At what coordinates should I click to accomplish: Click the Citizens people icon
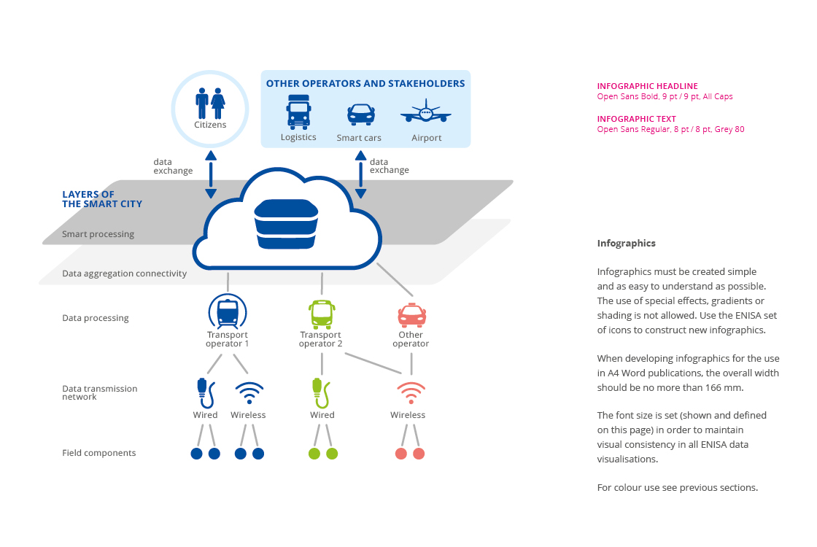click(210, 104)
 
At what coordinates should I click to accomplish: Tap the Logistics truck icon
click(298, 112)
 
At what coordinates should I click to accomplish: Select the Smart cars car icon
click(360, 115)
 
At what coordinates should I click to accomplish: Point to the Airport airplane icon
click(426, 115)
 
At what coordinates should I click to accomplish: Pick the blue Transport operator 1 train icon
click(228, 312)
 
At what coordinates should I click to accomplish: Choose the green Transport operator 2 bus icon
click(322, 314)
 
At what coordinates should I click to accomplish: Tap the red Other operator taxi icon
click(411, 314)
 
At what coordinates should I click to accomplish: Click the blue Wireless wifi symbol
click(249, 393)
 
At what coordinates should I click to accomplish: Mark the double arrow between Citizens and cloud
click(211, 174)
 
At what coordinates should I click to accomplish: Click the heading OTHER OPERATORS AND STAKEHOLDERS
click(365, 84)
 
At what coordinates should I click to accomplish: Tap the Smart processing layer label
click(98, 234)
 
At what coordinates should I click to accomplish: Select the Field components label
click(98, 453)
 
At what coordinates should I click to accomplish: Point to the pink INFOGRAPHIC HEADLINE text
click(647, 86)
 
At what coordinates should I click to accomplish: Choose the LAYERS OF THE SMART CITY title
click(101, 199)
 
